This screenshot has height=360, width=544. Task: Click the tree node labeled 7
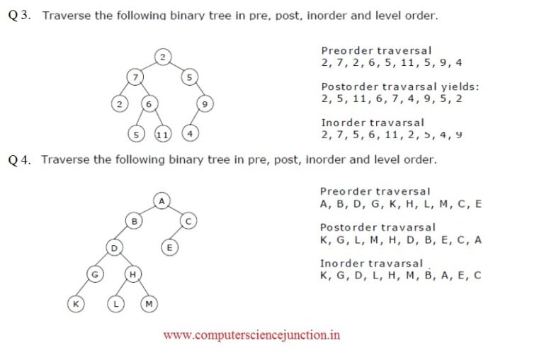tap(135, 77)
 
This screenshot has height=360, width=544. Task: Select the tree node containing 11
tap(162, 134)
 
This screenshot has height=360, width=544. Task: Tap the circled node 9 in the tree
tap(205, 103)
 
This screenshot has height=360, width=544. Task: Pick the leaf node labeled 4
tap(190, 133)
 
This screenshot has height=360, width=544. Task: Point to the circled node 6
tap(149, 103)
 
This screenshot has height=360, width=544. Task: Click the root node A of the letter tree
tap(161, 201)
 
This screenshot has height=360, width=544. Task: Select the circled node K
tap(76, 304)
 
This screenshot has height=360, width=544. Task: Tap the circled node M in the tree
tap(149, 304)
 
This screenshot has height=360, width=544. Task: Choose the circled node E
tap(169, 247)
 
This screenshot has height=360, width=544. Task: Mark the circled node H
tap(133, 274)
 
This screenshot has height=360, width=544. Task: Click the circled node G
tap(95, 274)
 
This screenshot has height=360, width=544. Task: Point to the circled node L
tap(115, 304)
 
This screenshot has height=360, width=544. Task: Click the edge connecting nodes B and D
tap(124, 235)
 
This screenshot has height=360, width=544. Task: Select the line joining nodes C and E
tap(178, 234)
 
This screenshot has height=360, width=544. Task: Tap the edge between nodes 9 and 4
tap(197, 118)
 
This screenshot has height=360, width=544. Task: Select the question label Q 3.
tap(19, 16)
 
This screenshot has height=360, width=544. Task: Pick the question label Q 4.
tap(19, 160)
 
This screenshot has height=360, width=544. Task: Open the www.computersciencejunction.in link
tap(251, 335)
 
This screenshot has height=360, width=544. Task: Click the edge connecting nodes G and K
tap(85, 289)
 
